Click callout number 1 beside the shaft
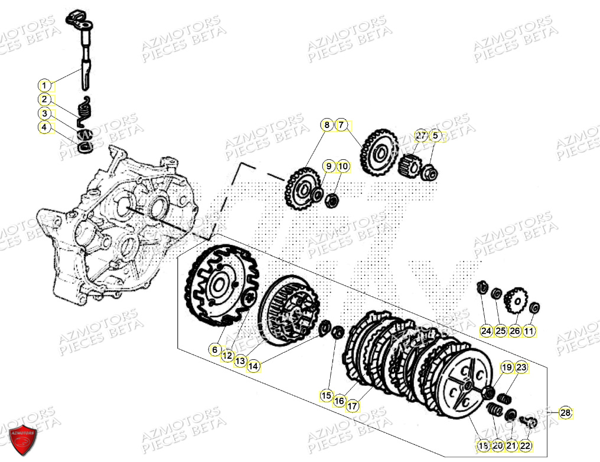pos(45,85)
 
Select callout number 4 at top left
pos(45,127)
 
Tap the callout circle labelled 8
pos(327,124)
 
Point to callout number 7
pos(341,124)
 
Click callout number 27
pos(420,135)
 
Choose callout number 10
pos(343,167)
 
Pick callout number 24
pos(485,331)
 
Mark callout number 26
pos(515,331)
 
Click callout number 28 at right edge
pos(565,413)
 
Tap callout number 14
pos(253,366)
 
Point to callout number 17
pos(353,406)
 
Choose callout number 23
pos(520,368)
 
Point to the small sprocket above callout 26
pos(518,300)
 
